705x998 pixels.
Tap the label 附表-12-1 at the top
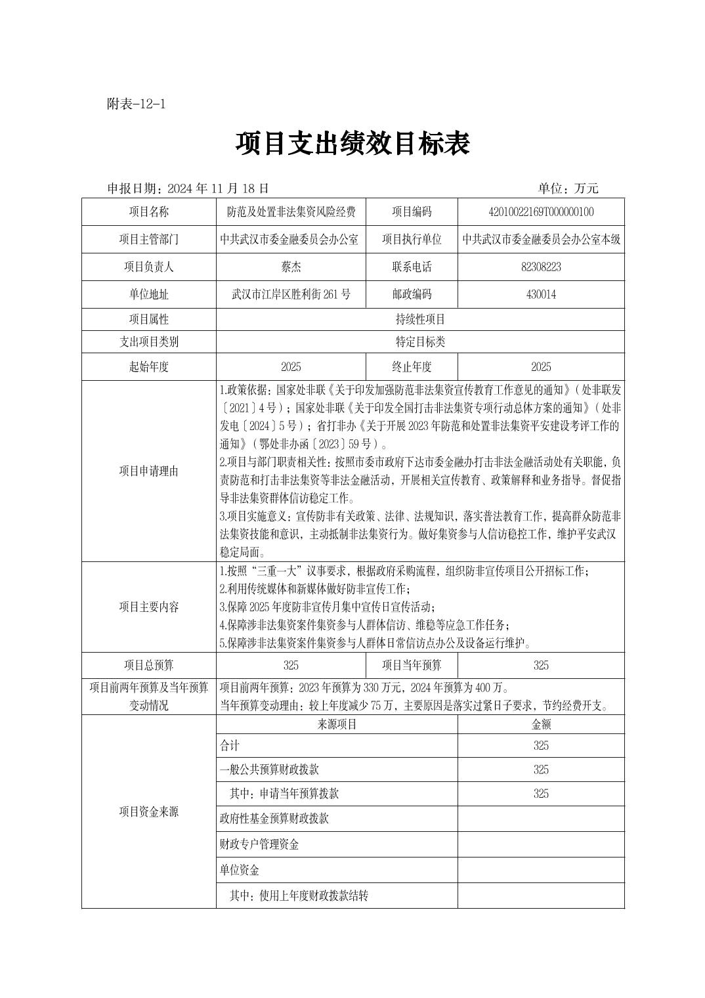[136, 104]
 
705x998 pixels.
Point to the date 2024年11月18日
[219, 188]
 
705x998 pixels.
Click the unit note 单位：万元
[568, 188]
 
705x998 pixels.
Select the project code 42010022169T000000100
[541, 212]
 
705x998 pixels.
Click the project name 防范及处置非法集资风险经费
[291, 212]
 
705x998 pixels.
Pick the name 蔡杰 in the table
[291, 267]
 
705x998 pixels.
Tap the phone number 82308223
[541, 267]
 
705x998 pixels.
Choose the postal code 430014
[541, 295]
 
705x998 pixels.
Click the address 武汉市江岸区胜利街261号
[291, 295]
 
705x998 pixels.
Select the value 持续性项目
[420, 320]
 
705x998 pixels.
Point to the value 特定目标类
[420, 342]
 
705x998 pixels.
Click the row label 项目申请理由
[148, 471]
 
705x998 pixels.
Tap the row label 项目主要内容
[148, 607]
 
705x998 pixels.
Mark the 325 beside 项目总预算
[291, 666]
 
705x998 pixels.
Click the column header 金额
[541, 725]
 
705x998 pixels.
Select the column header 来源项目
[337, 725]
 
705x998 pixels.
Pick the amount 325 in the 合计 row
[541, 746]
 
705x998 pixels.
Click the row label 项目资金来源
[148, 812]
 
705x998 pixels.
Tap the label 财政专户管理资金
[259, 845]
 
